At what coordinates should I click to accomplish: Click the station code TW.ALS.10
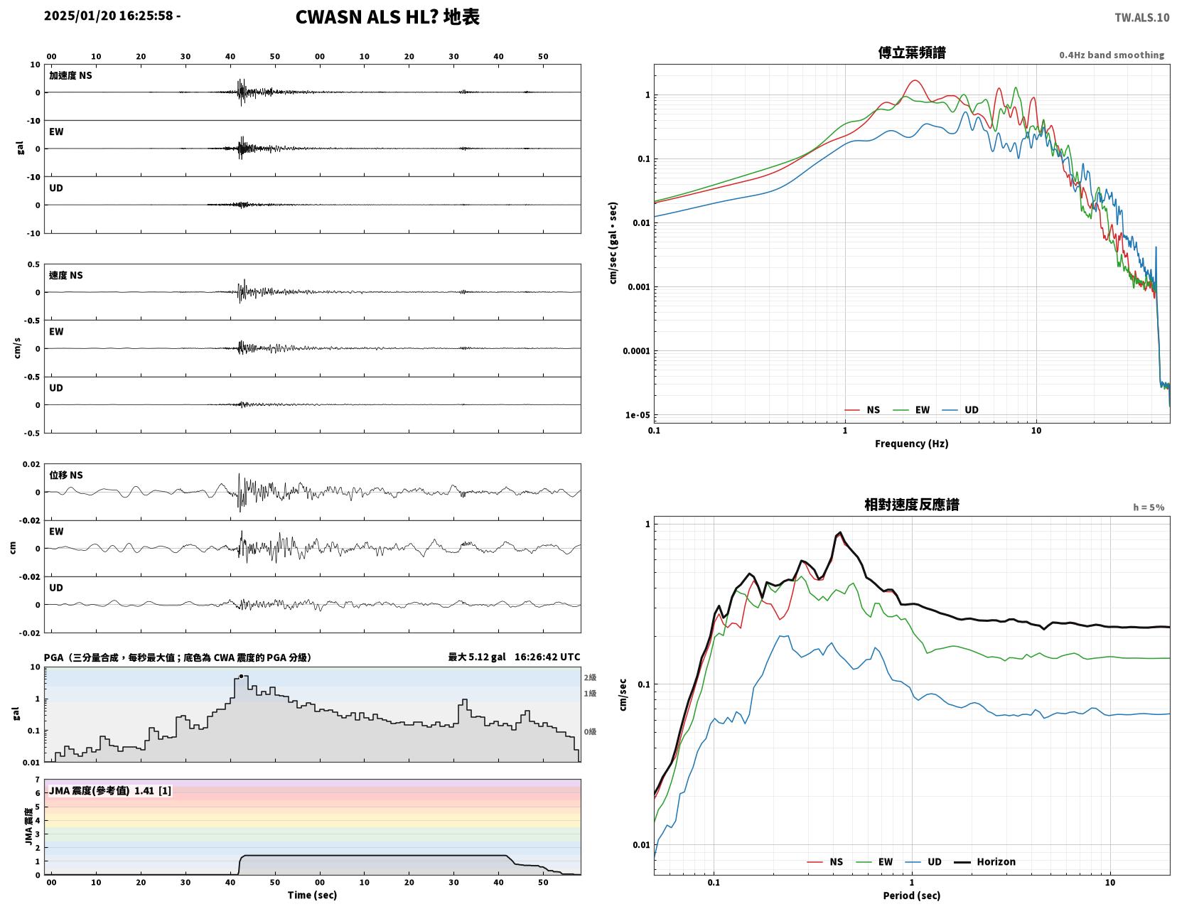[1141, 17]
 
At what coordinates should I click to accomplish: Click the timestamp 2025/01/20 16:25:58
[108, 15]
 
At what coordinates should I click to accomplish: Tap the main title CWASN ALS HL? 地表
[387, 17]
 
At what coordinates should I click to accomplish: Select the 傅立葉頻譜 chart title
[912, 53]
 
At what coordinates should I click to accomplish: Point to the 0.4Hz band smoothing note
[1112, 55]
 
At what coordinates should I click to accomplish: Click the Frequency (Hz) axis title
[912, 443]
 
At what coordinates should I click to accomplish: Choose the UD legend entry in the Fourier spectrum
[961, 410]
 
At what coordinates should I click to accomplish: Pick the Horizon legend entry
[984, 862]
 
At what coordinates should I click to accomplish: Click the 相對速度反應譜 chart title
[912, 505]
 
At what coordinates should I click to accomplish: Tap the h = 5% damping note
[1149, 507]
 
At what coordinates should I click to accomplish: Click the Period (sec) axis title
[912, 895]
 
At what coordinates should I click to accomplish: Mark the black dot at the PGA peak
[241, 676]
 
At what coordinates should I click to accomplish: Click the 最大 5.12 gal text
[477, 657]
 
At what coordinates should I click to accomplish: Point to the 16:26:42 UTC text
[547, 657]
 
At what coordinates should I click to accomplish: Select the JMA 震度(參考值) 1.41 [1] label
[110, 790]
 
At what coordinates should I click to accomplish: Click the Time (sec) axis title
[312, 895]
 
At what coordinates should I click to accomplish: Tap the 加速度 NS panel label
[70, 75]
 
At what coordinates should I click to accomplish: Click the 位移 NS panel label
[66, 475]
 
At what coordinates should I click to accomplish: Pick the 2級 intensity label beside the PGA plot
[590, 677]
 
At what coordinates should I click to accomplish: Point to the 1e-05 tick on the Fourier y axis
[638, 415]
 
